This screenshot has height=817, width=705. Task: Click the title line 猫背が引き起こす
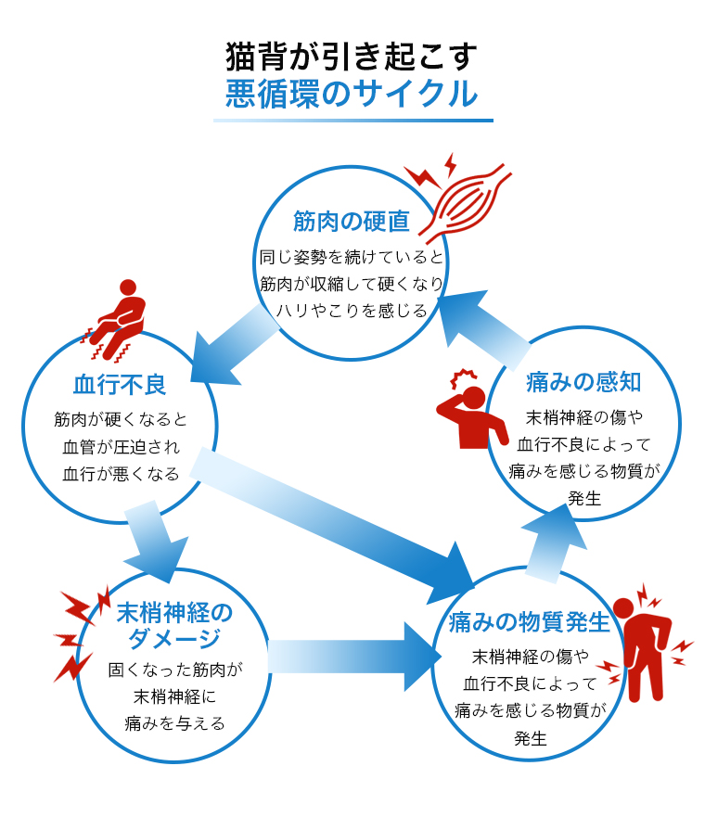pos(352,57)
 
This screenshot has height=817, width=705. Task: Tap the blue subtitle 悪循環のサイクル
pos(352,95)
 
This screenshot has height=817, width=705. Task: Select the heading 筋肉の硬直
pos(351,222)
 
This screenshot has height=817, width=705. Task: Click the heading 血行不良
pos(120,384)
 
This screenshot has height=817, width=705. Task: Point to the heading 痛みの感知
pos(583,381)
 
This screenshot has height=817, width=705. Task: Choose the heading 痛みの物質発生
pos(529,621)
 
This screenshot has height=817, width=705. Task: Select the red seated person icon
pos(119,318)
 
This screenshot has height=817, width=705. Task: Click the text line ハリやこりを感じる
pos(351,311)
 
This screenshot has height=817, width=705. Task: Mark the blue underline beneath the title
pos(352,120)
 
